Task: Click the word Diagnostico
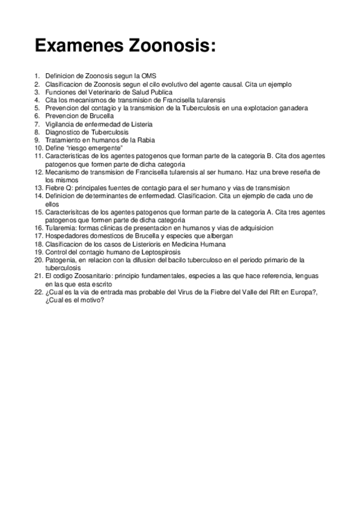tap(64, 132)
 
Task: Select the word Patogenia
tap(61, 260)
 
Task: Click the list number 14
tap(38, 196)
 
